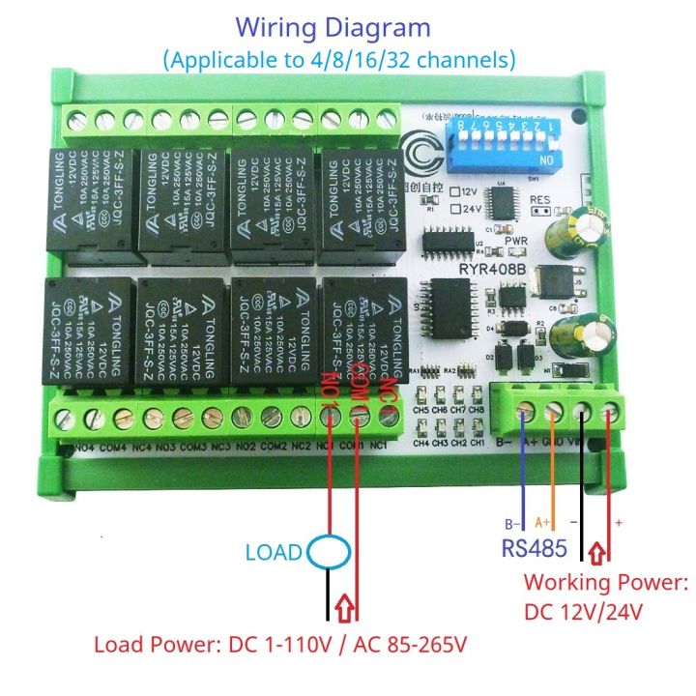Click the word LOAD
coord(274,554)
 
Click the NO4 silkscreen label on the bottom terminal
coord(84,447)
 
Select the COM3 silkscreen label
coord(192,447)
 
